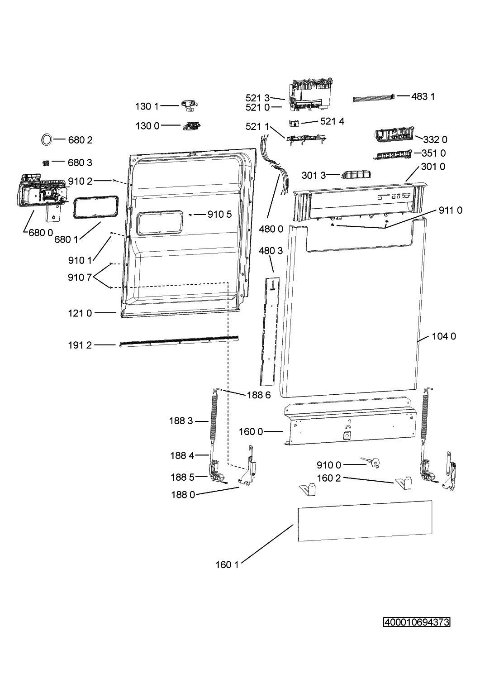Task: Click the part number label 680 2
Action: pyautogui.click(x=80, y=140)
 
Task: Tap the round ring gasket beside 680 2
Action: pyautogui.click(x=42, y=140)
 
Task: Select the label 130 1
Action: pyautogui.click(x=147, y=106)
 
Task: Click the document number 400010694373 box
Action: pyautogui.click(x=417, y=622)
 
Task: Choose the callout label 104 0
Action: pyautogui.click(x=444, y=336)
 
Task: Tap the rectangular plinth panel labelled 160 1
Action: pyautogui.click(x=365, y=521)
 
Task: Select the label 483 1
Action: pyautogui.click(x=423, y=96)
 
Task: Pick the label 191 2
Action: pyautogui.click(x=80, y=345)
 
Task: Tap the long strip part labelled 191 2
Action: pyautogui.click(x=179, y=341)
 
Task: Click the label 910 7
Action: pyautogui.click(x=80, y=277)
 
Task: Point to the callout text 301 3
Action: pyautogui.click(x=314, y=175)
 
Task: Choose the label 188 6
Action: pyautogui.click(x=259, y=395)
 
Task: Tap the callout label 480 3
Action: pyautogui.click(x=271, y=250)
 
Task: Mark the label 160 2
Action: pyautogui.click(x=329, y=478)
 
